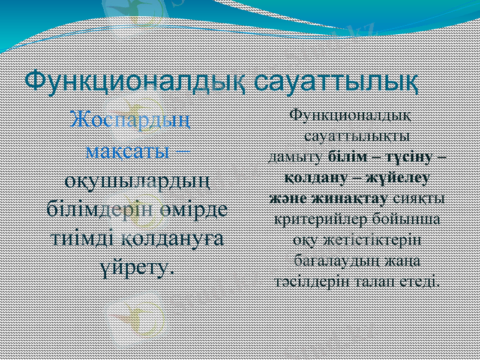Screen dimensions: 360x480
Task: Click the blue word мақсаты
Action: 127,149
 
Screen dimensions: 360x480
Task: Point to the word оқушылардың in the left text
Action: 137,179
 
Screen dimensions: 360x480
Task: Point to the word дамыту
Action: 296,157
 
